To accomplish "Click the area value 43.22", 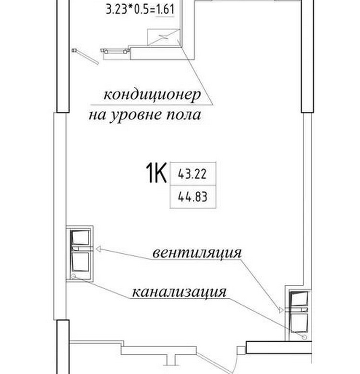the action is tap(192, 174).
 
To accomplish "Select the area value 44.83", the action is tap(192, 197).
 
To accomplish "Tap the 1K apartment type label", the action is tap(156, 173).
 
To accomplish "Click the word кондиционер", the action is tap(152, 95).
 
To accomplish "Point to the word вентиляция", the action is tap(197, 253).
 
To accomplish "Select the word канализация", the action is tap(179, 292).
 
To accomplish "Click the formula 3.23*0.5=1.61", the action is tap(140, 10).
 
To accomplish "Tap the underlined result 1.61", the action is tap(165, 10).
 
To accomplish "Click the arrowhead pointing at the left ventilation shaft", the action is tap(98, 249).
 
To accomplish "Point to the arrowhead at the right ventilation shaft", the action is tap(281, 310).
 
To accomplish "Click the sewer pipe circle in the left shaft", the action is tap(73, 276).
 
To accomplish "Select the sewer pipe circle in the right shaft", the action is tap(304, 337).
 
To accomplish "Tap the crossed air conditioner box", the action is tap(163, 37).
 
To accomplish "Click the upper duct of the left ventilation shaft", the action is tap(81, 237).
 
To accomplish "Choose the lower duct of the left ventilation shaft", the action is tap(81, 262).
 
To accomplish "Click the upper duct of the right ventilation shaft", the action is tap(299, 299).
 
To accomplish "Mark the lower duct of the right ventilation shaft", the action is tap(299, 323).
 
